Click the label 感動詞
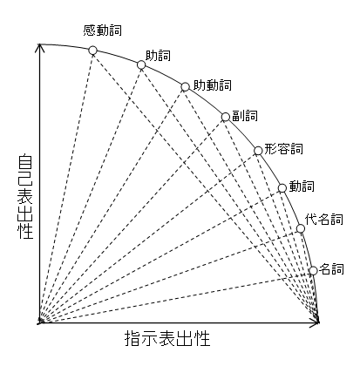(102, 30)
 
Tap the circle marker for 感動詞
(92, 51)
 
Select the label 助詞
(158, 56)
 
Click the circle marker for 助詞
(141, 64)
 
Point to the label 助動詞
(213, 85)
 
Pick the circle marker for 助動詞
(185, 87)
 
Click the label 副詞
(245, 116)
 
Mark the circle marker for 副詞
(226, 117)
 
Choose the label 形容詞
(283, 149)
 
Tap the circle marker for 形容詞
(258, 151)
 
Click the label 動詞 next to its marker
(302, 186)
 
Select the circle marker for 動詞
(282, 188)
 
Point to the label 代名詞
(324, 220)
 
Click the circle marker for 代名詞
(301, 229)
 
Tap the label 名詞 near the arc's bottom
(331, 269)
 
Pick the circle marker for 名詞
(313, 271)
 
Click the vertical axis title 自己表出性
(25, 197)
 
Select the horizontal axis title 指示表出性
(167, 338)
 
